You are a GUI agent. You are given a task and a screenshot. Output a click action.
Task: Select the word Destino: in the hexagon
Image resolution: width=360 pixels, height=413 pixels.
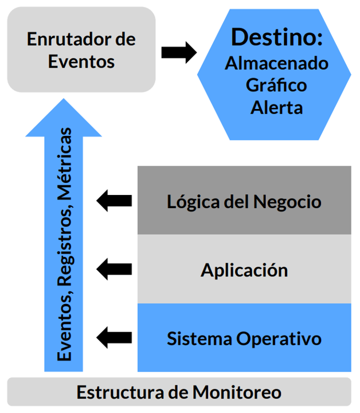(277, 37)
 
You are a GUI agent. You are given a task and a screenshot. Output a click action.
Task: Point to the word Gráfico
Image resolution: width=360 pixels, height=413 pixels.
(276, 85)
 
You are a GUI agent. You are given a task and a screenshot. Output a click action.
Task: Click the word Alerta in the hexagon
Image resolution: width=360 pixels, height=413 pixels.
(276, 107)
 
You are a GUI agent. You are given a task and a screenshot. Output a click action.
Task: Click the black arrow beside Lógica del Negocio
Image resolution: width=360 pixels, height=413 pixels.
(114, 201)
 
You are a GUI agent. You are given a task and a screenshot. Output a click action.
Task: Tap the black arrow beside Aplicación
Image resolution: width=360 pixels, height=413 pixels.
(114, 268)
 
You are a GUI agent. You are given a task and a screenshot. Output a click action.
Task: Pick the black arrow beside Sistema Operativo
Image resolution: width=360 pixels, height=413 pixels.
(114, 336)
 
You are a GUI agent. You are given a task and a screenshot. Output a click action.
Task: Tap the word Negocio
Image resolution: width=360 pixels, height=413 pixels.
(288, 202)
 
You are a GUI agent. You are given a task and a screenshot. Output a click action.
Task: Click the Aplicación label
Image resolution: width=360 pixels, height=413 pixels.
(244, 269)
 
